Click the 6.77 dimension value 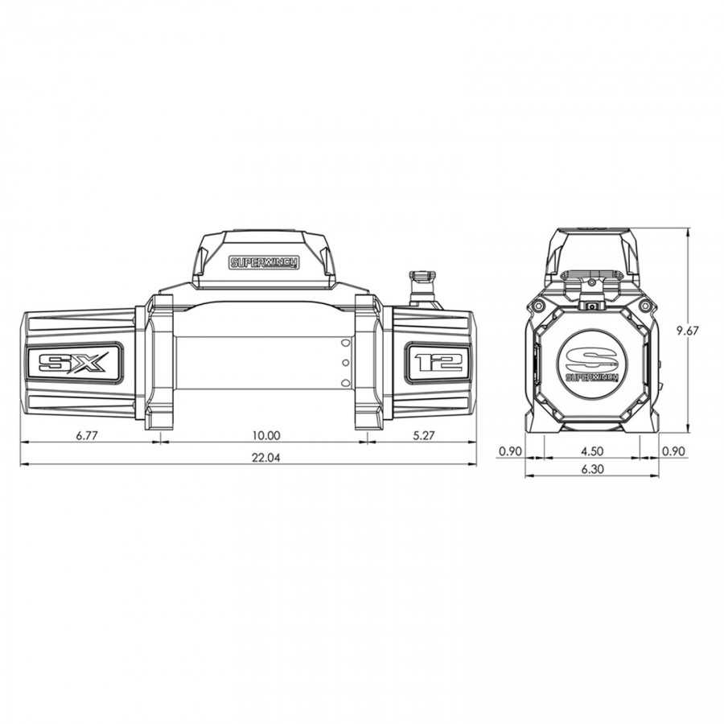(87, 435)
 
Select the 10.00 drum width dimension (266, 435)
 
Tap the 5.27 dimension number (423, 435)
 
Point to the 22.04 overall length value (266, 458)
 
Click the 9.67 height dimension (688, 331)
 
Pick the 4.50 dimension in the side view (592, 450)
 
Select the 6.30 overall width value (592, 469)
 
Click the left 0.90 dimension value (510, 450)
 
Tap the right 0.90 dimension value (673, 450)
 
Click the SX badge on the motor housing (74, 363)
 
